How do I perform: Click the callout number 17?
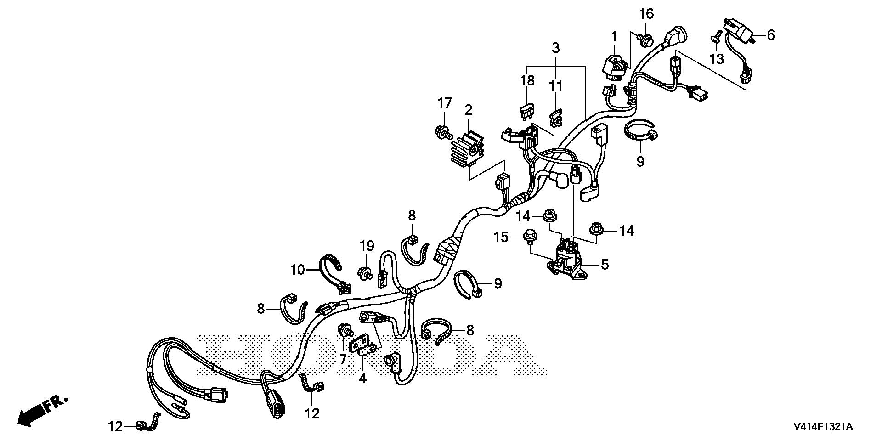click(x=444, y=103)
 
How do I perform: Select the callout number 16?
click(x=646, y=14)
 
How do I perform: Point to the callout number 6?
click(x=770, y=35)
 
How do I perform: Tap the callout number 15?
click(x=501, y=237)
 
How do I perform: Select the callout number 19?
click(x=367, y=246)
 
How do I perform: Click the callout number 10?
click(x=297, y=270)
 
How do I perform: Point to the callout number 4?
click(x=363, y=379)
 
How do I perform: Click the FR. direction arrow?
click(x=41, y=409)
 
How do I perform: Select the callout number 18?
click(x=527, y=80)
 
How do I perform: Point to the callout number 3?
click(x=556, y=47)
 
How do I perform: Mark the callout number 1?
click(x=615, y=35)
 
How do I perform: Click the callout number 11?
click(x=556, y=86)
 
